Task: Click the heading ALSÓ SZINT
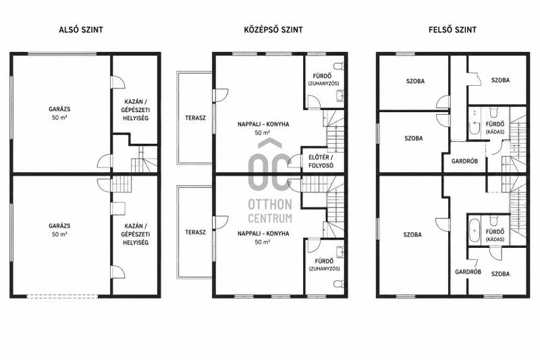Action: coord(81,30)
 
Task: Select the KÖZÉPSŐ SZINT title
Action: coord(273,30)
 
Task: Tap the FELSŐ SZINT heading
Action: coord(452,30)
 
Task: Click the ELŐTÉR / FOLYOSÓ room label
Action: coord(321,161)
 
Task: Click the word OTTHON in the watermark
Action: coord(270,204)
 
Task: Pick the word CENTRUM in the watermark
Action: coord(270,218)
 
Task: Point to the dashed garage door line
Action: coord(62,296)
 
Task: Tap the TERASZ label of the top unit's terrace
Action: coord(195,118)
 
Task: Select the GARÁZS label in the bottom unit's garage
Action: coord(59,226)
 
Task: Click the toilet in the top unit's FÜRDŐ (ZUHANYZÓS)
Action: coord(340,66)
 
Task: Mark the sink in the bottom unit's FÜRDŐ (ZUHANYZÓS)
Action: coord(340,252)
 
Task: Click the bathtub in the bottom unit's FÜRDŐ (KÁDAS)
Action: coord(474,230)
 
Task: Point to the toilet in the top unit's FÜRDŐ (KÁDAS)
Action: coord(494,112)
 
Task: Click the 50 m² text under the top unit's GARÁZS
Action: coord(59,118)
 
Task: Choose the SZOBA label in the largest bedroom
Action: coord(412,235)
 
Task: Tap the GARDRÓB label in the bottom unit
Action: coord(468,272)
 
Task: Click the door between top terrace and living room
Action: coord(221,95)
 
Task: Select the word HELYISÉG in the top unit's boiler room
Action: coord(136,118)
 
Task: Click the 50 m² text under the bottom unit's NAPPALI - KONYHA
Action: coord(263,242)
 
